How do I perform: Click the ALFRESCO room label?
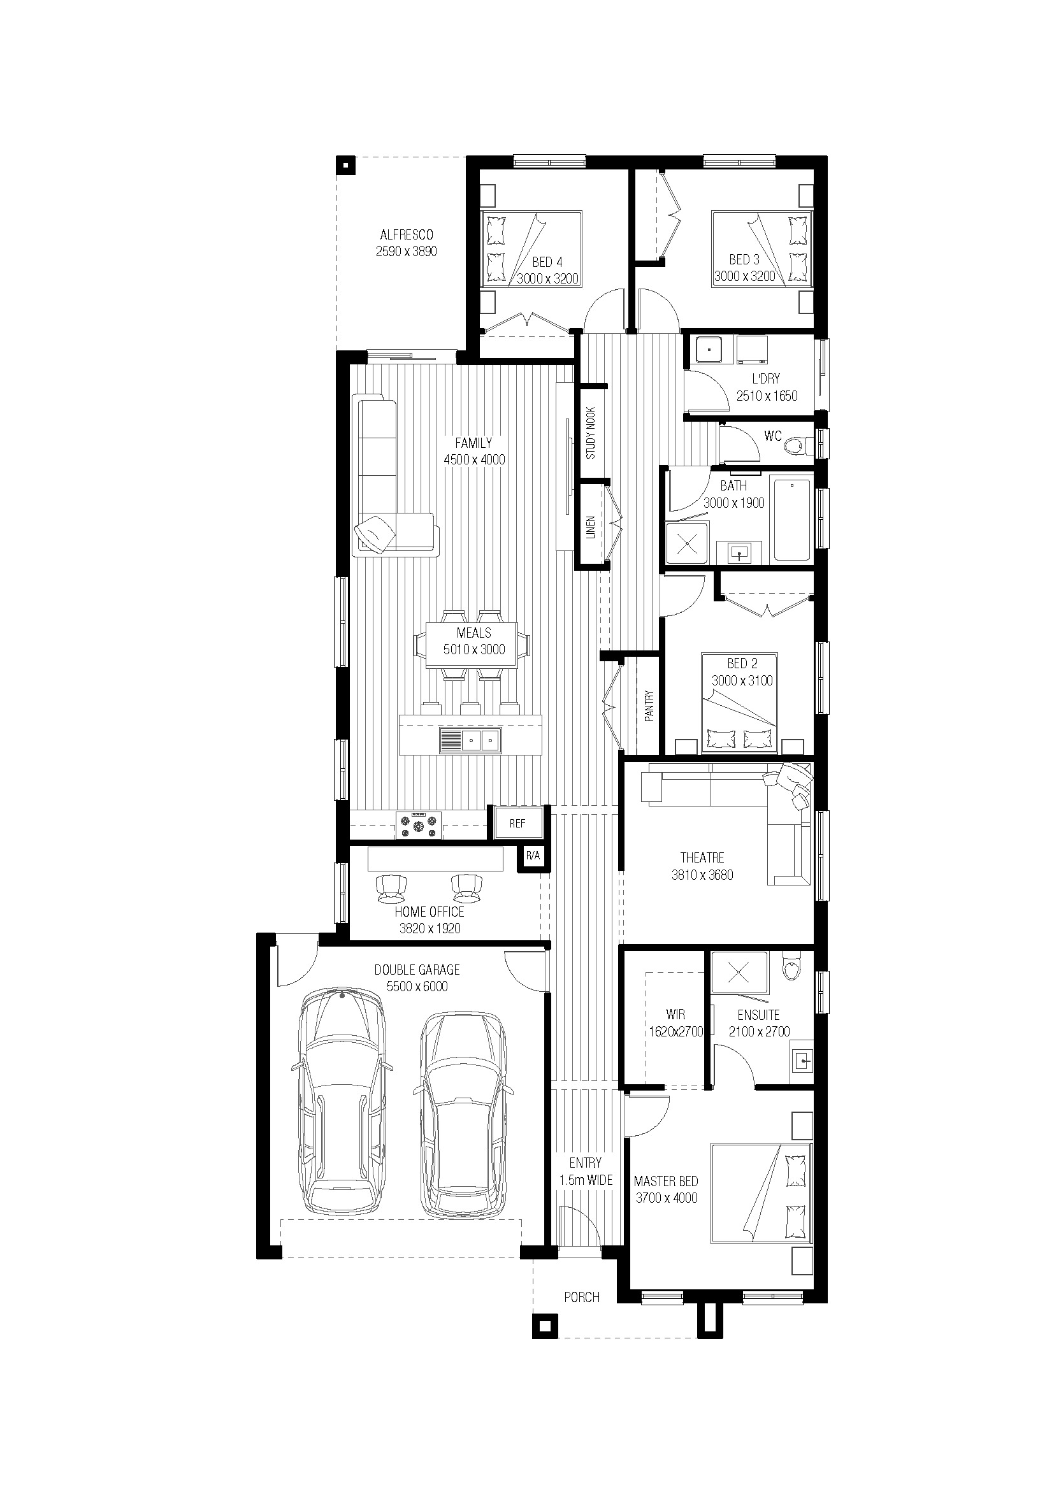point(407,234)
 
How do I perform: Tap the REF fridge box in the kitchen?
point(518,823)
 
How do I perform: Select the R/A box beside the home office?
point(533,857)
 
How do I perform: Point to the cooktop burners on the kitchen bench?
point(419,826)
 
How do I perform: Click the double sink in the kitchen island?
point(470,739)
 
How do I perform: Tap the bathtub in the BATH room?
point(792,519)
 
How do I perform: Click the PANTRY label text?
point(649,705)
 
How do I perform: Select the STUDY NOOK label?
point(591,433)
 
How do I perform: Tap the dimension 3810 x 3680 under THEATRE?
point(702,875)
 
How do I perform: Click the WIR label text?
point(675,1014)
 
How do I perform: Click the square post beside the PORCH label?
point(546,1326)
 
